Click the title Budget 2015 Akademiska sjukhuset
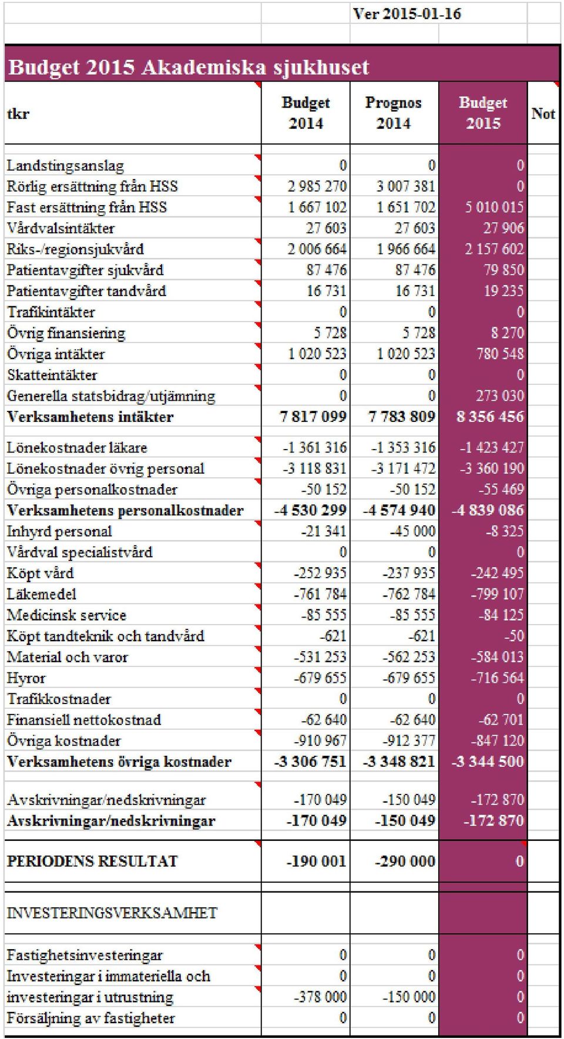point(189,67)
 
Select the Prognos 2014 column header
point(394,113)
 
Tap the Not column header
point(543,113)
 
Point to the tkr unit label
point(18,113)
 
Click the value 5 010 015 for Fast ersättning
point(494,207)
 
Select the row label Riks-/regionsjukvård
point(75,249)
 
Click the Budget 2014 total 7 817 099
point(313,417)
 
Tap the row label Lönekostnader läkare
point(76,448)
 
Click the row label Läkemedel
point(42,594)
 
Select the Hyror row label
point(26,678)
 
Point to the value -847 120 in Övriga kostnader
point(497,740)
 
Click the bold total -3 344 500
point(488,762)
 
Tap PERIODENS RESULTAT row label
point(92,861)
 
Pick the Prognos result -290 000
point(405,861)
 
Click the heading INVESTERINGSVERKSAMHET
point(112,913)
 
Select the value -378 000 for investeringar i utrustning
point(321,997)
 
